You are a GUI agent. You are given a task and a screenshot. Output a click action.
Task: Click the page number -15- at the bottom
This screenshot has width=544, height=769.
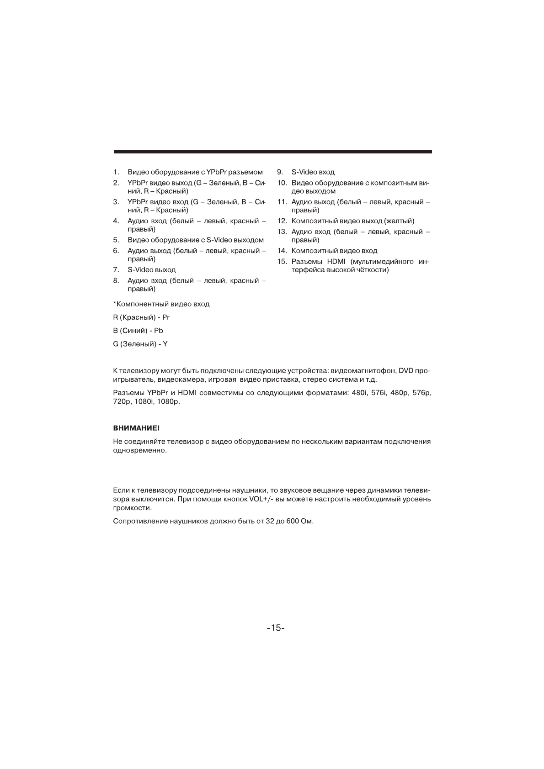(x=276, y=628)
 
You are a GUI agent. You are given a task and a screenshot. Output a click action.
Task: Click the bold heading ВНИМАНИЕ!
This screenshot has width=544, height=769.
(x=136, y=428)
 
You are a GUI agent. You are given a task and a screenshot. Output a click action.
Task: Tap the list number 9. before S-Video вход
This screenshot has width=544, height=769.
(x=280, y=172)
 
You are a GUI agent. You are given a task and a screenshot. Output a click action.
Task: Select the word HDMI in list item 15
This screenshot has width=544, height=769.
(x=336, y=262)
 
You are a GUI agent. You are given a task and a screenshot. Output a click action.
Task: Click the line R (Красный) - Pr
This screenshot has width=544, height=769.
(x=141, y=317)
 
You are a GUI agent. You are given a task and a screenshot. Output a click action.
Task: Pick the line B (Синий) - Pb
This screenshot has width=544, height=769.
(x=138, y=331)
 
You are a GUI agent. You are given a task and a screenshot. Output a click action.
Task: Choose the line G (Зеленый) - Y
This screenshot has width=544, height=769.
(x=140, y=344)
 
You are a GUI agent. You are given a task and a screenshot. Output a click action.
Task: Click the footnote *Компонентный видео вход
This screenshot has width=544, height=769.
(x=161, y=304)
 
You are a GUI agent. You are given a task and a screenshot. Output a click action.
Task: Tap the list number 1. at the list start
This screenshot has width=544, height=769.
(x=116, y=172)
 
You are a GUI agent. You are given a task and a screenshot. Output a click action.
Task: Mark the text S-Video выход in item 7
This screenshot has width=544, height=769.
(x=151, y=270)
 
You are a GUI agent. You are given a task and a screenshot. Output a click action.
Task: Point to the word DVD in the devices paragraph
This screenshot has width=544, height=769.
(x=405, y=370)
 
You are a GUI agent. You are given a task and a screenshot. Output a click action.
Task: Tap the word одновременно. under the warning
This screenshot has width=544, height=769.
(x=140, y=451)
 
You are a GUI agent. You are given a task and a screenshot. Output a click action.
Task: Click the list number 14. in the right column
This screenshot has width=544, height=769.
(x=282, y=251)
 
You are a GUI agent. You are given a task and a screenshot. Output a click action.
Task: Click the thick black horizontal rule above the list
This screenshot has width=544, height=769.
(x=272, y=152)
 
